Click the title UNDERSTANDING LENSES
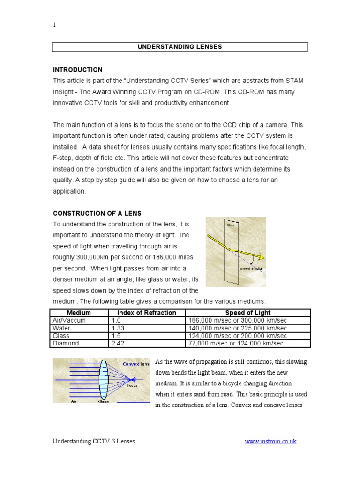[180, 47]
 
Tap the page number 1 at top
[54, 25]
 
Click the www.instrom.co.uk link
[270, 442]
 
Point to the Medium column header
[79, 313]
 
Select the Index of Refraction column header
[147, 313]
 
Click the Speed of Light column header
[248, 313]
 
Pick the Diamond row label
[66, 343]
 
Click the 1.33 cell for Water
[118, 328]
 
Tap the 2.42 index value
[118, 343]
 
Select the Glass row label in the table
[61, 336]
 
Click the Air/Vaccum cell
[69, 320]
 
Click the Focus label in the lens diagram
[133, 386]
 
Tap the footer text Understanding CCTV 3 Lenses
[93, 442]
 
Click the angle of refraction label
[251, 269]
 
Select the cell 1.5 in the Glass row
[116, 336]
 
